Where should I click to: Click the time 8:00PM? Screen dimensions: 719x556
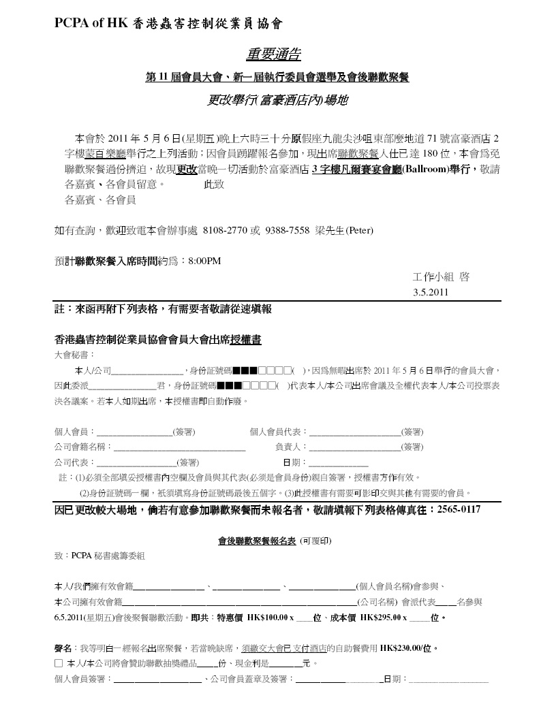pos(204,261)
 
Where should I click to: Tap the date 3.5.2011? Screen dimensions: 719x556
pos(431,293)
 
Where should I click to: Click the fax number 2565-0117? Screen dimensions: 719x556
pos(459,509)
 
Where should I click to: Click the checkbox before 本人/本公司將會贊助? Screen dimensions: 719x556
pos(59,663)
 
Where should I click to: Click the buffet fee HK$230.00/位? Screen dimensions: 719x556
pos(408,648)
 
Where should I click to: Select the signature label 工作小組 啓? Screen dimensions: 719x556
pos(441,277)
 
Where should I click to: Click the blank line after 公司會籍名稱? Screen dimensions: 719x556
pos(179,448)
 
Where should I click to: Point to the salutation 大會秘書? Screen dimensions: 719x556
pos(74,355)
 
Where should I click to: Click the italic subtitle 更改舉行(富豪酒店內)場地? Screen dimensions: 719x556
pos(277,100)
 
